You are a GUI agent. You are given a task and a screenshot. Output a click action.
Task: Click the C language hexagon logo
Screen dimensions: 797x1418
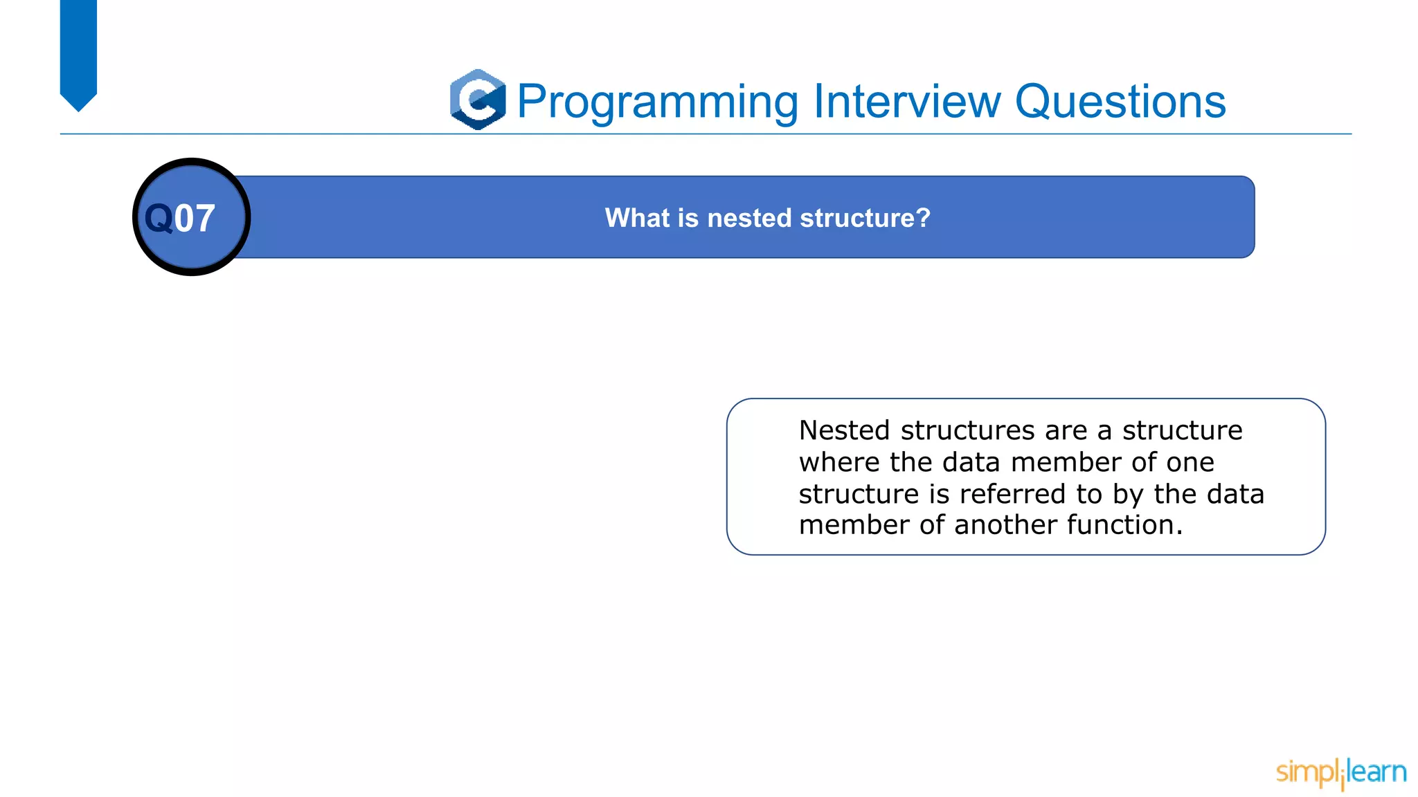[x=478, y=100]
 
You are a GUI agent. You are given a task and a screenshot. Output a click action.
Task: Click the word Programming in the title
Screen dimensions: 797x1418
[x=658, y=102]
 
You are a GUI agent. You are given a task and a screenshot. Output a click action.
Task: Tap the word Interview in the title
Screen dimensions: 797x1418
[x=907, y=101]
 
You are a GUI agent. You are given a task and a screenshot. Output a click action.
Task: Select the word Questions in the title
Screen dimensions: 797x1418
[x=1120, y=102]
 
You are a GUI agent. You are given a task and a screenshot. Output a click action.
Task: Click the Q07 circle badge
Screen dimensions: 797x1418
[x=192, y=217]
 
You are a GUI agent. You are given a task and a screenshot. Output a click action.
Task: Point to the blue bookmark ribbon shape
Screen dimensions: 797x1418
[x=78, y=52]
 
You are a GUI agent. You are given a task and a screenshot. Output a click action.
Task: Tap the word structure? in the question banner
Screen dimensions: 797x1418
[x=865, y=218]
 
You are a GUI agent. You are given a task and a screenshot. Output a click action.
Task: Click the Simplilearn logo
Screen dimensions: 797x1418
[x=1340, y=772]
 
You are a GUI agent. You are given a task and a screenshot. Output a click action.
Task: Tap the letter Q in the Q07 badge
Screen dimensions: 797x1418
[x=159, y=219]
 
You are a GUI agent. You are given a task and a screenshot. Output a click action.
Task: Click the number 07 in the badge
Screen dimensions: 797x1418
[x=195, y=219]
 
